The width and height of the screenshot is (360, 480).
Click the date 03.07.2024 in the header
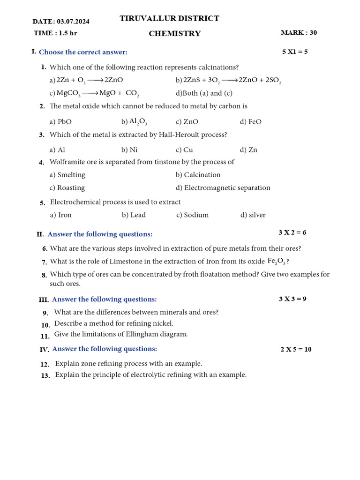[73, 22]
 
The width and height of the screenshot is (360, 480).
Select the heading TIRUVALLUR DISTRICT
[169, 19]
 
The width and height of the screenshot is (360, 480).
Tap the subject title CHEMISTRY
[174, 34]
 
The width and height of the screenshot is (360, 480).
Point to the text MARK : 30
[299, 33]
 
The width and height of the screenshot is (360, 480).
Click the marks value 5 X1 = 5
[295, 52]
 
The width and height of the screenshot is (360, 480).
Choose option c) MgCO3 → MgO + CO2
[94, 93]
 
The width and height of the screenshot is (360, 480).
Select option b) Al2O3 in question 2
[134, 122]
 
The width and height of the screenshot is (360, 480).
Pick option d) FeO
[251, 122]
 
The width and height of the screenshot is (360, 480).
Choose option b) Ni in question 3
[129, 150]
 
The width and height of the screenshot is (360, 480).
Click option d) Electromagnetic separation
[223, 188]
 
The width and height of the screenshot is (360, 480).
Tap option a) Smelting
[67, 175]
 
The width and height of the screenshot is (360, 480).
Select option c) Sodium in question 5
[193, 215]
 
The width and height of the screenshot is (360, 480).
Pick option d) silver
[253, 215]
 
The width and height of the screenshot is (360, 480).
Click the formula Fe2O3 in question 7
[277, 262]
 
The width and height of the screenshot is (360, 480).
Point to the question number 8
[44, 275]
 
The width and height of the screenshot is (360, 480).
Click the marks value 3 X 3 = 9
[292, 299]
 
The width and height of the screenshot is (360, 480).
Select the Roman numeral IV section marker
[44, 349]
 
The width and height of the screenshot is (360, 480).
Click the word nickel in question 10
[163, 323]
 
